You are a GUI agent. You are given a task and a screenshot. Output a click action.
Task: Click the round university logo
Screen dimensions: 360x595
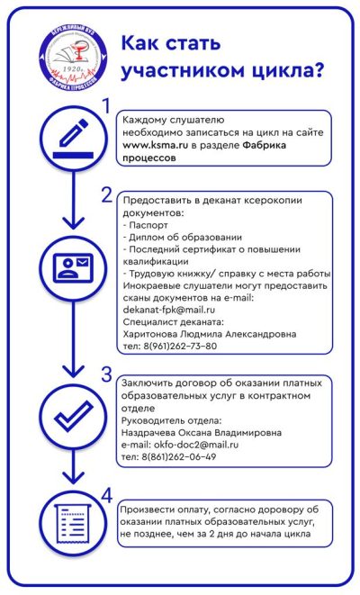click(73, 60)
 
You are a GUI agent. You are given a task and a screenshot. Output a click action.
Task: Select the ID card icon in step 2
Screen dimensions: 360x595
click(73, 268)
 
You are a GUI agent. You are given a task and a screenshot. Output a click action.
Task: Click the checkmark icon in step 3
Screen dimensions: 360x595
click(74, 416)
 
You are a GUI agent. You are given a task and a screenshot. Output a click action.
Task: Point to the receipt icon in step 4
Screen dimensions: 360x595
click(73, 524)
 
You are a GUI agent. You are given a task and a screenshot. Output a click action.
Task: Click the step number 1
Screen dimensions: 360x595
click(106, 106)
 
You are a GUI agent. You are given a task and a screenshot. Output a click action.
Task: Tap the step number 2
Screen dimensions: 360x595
click(107, 195)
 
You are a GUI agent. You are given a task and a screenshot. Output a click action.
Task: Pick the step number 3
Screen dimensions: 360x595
click(106, 374)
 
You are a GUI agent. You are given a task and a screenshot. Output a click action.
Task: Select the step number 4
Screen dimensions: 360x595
click(107, 496)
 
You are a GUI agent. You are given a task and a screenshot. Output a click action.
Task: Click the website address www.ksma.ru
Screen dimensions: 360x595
click(155, 145)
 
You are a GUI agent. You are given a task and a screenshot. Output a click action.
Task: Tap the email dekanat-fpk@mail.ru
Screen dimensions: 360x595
click(169, 310)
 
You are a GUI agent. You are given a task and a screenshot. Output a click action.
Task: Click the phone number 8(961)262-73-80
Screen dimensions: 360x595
click(179, 346)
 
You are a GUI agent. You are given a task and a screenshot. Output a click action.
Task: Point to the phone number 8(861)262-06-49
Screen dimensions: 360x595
click(179, 457)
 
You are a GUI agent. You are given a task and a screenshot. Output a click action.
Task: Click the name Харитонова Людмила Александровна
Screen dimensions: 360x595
click(210, 334)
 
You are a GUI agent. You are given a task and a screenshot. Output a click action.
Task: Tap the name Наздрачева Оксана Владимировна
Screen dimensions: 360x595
click(202, 433)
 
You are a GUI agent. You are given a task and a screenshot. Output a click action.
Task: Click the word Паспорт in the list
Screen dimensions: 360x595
click(148, 225)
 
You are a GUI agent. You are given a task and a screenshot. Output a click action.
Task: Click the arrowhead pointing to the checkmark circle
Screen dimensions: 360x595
click(73, 370)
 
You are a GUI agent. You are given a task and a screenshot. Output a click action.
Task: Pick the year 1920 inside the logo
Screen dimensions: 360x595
click(73, 69)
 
